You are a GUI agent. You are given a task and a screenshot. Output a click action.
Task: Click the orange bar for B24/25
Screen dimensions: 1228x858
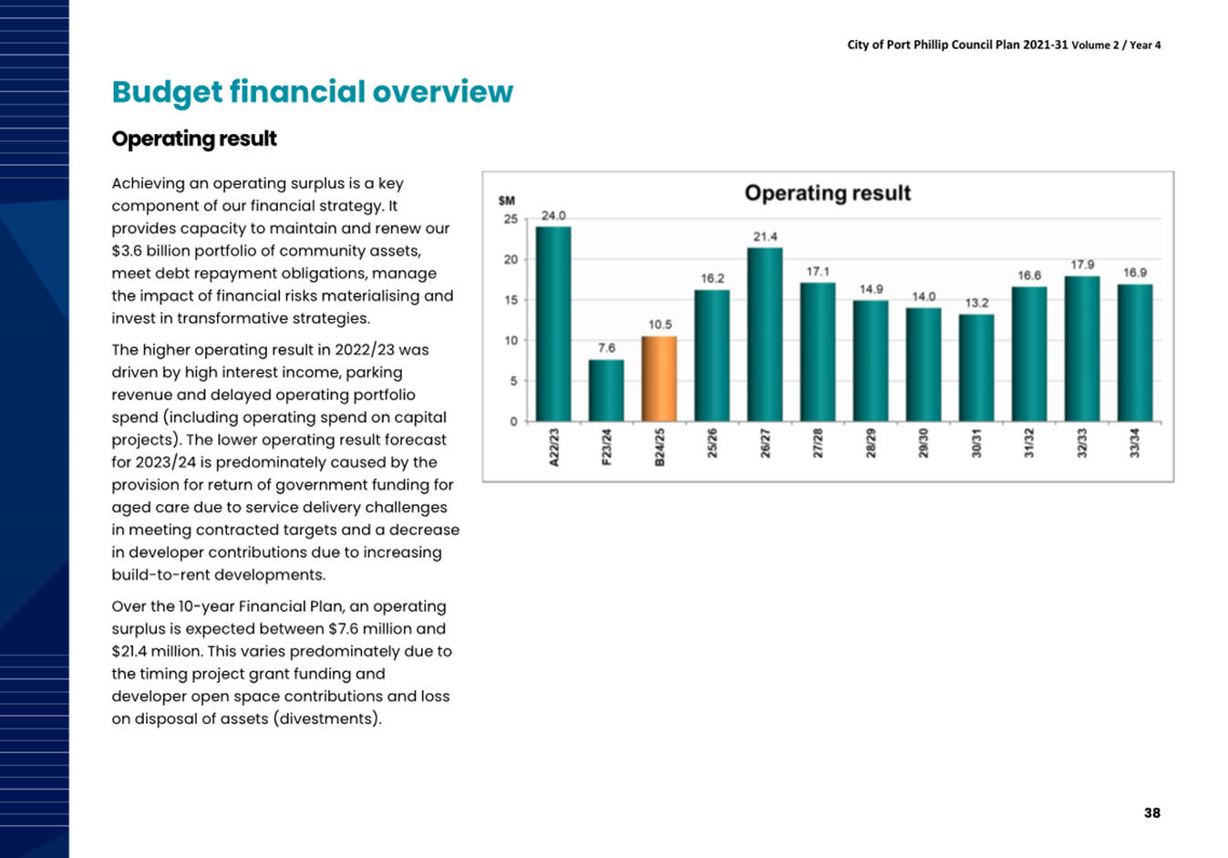[659, 378]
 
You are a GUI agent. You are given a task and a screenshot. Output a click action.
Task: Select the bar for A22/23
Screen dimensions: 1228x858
[553, 324]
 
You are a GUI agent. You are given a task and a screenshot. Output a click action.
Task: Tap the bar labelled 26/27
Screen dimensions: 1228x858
[765, 335]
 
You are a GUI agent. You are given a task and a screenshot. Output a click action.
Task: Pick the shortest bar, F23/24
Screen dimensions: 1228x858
[606, 390]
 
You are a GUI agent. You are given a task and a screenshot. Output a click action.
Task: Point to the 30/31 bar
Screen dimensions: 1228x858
[976, 367]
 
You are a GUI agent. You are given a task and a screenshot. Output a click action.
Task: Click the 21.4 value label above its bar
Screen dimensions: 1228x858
[765, 237]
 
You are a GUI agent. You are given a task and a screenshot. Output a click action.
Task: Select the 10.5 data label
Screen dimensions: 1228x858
[659, 325]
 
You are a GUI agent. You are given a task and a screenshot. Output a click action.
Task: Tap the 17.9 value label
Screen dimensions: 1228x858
[1082, 264]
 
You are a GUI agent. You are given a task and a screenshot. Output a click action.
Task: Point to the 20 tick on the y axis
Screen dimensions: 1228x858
[511, 259]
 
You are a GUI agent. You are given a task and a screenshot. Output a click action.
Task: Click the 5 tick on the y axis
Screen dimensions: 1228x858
[513, 381]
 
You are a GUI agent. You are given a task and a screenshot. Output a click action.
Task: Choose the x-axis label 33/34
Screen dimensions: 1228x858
[1135, 443]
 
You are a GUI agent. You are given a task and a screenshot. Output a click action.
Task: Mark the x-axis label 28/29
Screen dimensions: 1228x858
[871, 443]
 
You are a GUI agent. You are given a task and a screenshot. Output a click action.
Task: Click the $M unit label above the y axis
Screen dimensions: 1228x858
[507, 201]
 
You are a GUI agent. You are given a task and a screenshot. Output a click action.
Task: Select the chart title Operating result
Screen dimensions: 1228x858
[827, 193]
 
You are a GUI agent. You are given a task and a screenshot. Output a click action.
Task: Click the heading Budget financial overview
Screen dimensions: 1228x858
[313, 92]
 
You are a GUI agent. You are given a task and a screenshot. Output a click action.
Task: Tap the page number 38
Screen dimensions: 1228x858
[1151, 812]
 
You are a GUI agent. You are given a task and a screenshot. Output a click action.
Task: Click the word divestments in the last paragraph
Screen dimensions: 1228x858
[326, 718]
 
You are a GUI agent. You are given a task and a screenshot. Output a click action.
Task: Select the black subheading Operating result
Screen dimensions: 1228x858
[194, 140]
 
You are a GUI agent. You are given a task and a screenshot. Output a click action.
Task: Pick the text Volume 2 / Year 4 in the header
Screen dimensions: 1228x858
[1116, 46]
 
